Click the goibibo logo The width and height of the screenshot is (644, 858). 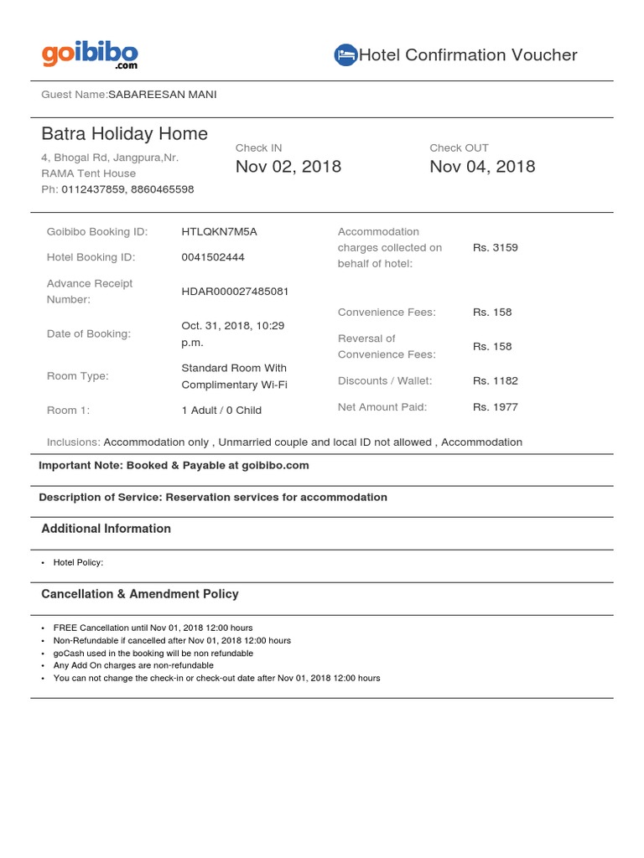(x=90, y=55)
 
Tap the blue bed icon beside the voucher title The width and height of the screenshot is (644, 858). (x=345, y=55)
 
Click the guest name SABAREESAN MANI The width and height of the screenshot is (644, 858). (x=162, y=95)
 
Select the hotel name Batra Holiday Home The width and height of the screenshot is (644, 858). (x=125, y=134)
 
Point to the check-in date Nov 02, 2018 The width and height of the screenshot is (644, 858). (x=288, y=166)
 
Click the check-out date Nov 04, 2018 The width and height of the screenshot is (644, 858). (x=482, y=166)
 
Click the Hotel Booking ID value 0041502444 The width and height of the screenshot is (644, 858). (x=213, y=257)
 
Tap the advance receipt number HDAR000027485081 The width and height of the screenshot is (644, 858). (x=235, y=292)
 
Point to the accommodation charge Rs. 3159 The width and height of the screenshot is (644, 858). (x=495, y=247)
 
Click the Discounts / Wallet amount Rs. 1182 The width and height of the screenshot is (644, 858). (x=495, y=380)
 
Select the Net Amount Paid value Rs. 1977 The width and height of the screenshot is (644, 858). (x=495, y=407)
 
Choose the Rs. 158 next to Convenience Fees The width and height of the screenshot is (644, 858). (x=491, y=312)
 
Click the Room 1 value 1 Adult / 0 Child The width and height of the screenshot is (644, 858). (x=221, y=411)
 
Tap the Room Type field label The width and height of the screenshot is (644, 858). (x=78, y=376)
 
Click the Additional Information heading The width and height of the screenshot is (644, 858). (x=106, y=529)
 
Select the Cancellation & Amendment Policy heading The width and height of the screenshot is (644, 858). (x=140, y=594)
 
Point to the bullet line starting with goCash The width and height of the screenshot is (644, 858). (x=153, y=653)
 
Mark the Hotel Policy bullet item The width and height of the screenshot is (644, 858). (x=78, y=563)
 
